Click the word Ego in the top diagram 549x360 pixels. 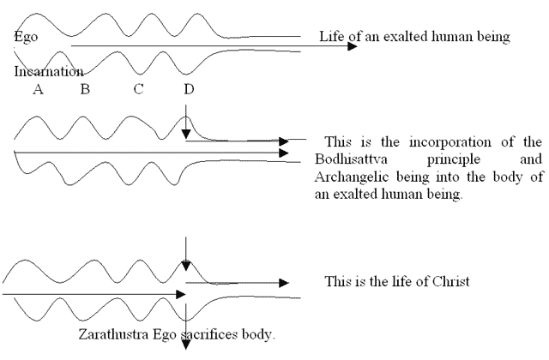(x=26, y=37)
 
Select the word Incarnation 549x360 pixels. (x=49, y=71)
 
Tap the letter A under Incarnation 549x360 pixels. (x=38, y=89)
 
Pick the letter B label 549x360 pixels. (x=85, y=89)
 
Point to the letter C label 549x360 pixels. (x=138, y=89)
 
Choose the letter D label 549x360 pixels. (x=189, y=89)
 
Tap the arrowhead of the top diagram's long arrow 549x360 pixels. (x=353, y=45)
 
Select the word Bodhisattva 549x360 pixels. (x=351, y=159)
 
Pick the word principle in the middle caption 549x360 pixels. (x=454, y=160)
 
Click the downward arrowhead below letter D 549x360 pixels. (x=186, y=134)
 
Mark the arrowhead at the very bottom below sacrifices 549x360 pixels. (x=186, y=345)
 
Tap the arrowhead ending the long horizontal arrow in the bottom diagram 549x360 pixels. (x=181, y=294)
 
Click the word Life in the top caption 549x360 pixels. (x=332, y=36)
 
